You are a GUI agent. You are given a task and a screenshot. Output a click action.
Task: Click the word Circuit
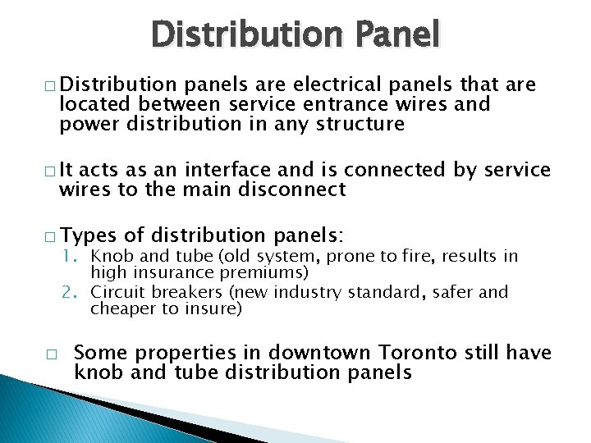coord(114,292)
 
